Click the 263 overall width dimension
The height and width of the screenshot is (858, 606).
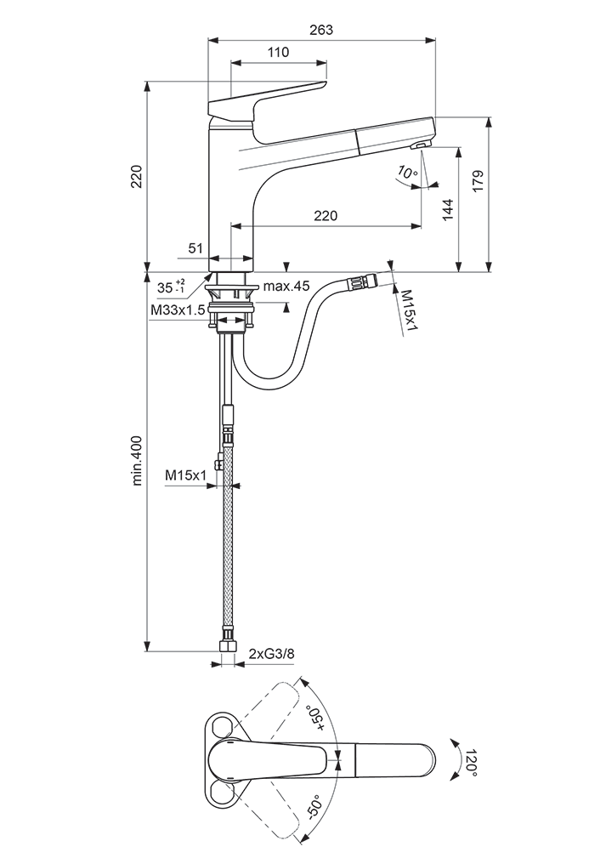(321, 30)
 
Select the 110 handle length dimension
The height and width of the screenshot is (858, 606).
(279, 53)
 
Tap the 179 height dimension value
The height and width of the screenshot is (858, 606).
(478, 182)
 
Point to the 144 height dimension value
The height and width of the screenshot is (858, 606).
(447, 209)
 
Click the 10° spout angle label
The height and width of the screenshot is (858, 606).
(407, 173)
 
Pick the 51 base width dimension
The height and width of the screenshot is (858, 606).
(195, 248)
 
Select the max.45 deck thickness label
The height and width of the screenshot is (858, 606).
(286, 286)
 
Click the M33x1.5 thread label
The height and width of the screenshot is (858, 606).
(178, 310)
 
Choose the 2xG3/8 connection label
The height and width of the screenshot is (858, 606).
(272, 653)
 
